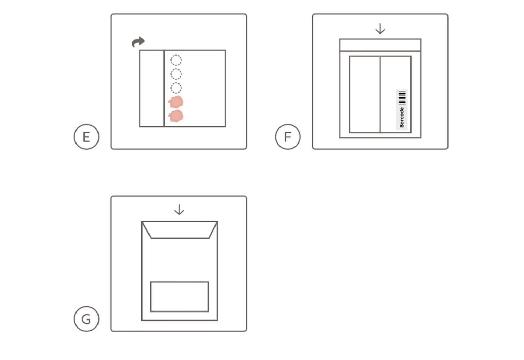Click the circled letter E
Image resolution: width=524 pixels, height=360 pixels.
[87, 137]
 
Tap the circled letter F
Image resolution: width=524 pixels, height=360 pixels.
[288, 137]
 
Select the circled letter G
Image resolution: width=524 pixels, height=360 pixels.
[87, 319]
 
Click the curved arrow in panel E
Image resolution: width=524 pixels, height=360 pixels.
[138, 42]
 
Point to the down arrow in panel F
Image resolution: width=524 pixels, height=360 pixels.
[380, 29]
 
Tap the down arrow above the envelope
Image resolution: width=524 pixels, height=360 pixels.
[179, 210]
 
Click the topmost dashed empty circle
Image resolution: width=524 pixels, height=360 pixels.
[176, 60]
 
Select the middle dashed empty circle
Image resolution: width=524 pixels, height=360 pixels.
[176, 74]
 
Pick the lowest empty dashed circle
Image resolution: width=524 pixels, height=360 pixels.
[176, 88]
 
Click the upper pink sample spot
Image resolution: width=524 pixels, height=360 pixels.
[176, 102]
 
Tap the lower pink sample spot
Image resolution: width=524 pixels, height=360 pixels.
[176, 116]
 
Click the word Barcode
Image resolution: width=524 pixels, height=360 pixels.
[402, 117]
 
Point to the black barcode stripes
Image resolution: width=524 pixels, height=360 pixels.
[402, 98]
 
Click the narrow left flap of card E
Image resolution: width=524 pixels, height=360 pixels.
[152, 88]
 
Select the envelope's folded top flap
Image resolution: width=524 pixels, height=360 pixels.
[180, 230]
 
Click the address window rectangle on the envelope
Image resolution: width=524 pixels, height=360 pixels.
[180, 297]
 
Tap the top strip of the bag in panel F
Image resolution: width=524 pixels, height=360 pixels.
[380, 45]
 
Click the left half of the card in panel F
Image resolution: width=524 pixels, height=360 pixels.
[365, 94]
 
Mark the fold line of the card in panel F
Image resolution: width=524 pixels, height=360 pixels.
[380, 94]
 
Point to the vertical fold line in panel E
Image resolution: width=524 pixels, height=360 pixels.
[164, 88]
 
